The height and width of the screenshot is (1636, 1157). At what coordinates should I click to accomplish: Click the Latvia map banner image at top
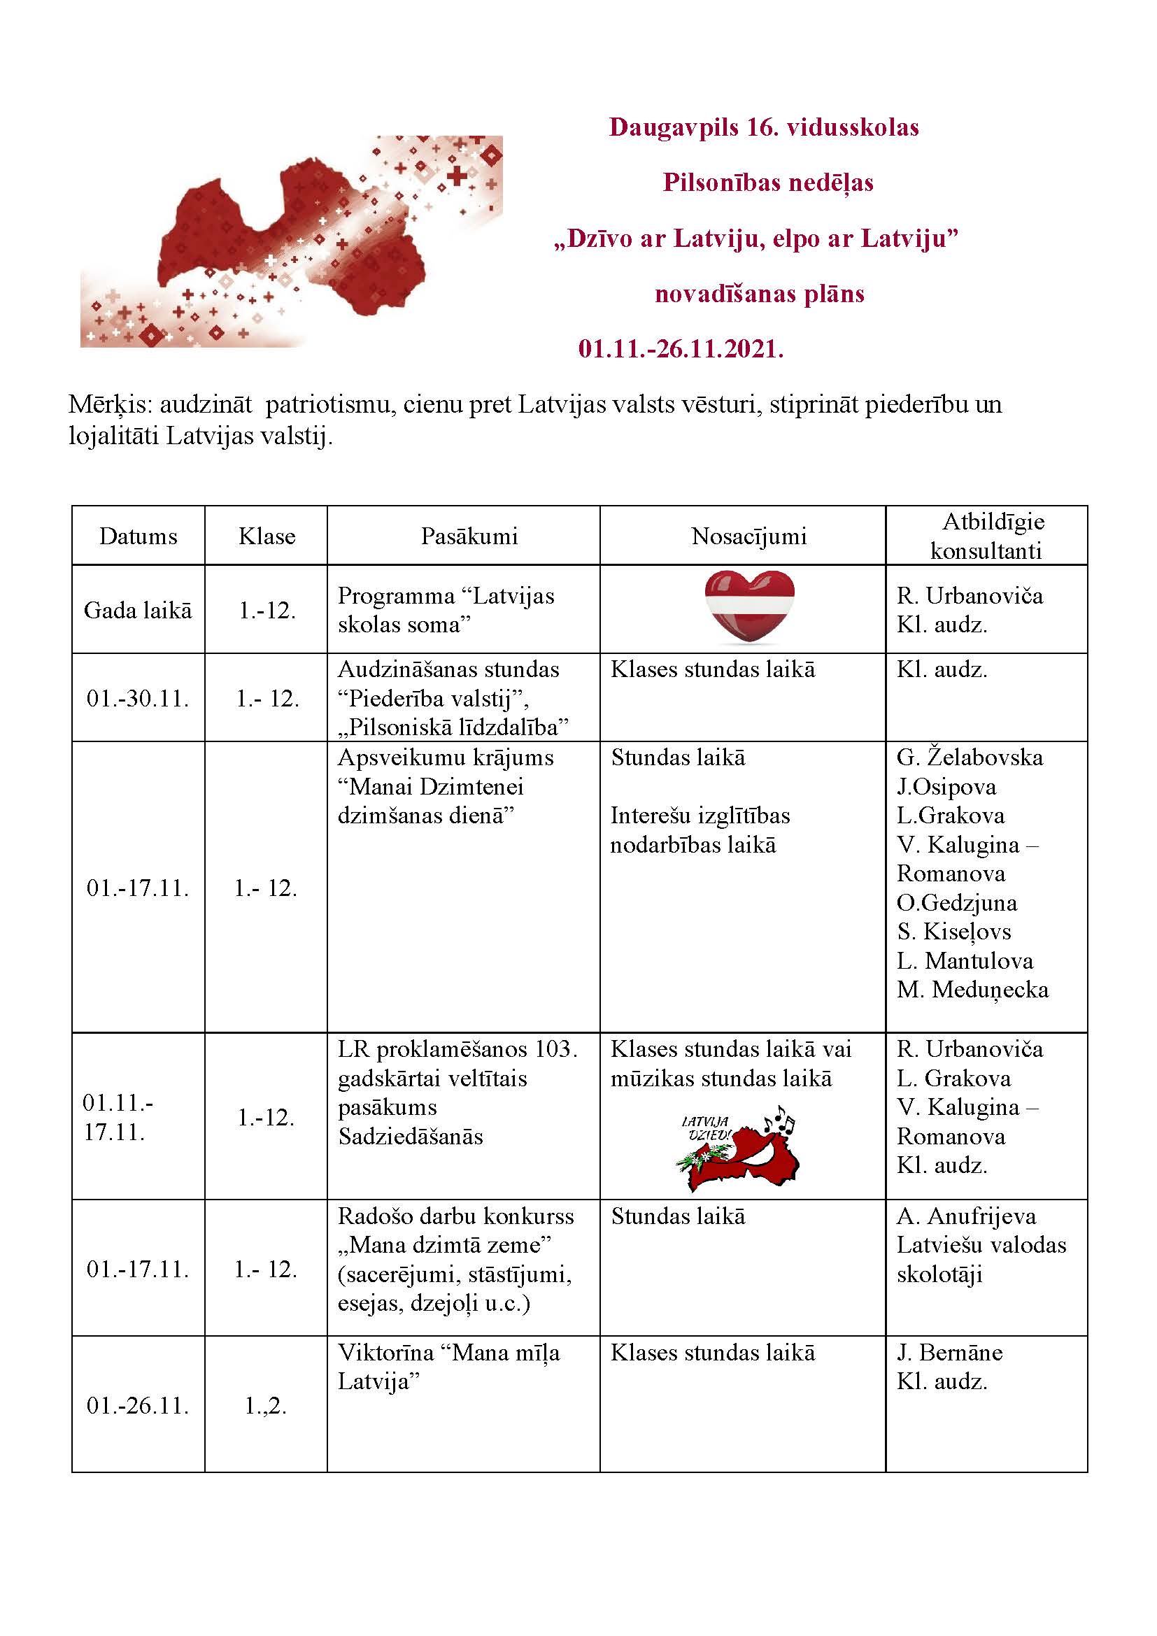[x=292, y=241]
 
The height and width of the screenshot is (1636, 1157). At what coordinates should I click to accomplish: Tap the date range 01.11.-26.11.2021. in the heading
[x=681, y=349]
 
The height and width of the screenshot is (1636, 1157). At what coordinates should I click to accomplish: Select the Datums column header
[x=139, y=536]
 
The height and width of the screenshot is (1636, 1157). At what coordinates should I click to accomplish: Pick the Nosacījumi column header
[x=748, y=536]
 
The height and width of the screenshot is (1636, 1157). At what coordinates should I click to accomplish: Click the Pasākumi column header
[x=469, y=536]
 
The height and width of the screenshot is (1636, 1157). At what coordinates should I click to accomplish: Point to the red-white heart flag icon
[x=748, y=606]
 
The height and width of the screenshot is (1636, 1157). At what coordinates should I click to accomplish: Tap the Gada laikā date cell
[x=139, y=610]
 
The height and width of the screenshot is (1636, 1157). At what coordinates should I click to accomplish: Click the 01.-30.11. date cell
[x=139, y=698]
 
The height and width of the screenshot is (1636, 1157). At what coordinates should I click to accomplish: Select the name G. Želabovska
[x=969, y=757]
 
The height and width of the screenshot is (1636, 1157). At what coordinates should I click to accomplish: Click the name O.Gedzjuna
[x=956, y=903]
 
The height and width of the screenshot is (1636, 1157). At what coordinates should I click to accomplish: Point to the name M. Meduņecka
[x=972, y=990]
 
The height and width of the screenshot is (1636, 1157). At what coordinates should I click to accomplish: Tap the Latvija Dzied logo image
[x=737, y=1147]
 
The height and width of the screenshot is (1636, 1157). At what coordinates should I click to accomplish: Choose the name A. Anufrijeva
[x=965, y=1216]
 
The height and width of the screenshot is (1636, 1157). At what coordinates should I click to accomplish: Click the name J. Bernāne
[x=949, y=1353]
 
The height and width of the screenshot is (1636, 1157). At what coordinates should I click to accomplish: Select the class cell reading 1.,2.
[x=266, y=1405]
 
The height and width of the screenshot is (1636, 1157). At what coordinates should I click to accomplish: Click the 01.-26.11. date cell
[x=139, y=1405]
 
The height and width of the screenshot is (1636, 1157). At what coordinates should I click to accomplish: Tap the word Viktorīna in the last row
[x=385, y=1353]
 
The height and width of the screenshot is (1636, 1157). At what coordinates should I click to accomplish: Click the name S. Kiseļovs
[x=953, y=932]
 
